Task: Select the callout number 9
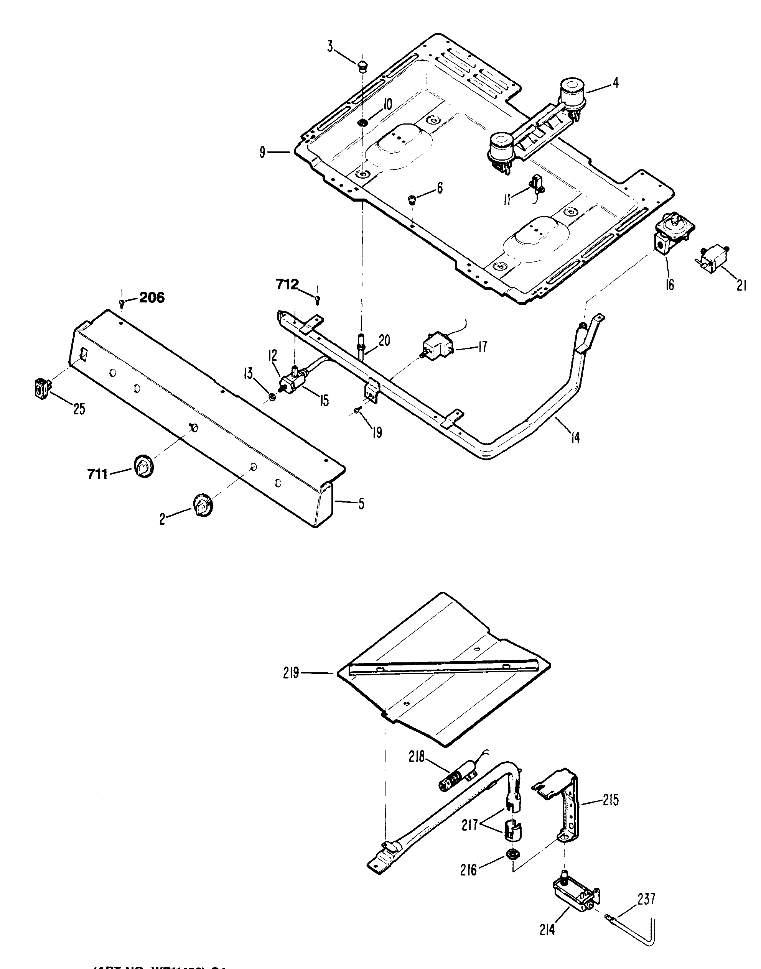[262, 153]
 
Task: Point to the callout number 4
[615, 83]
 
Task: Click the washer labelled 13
[272, 396]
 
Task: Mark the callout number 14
[575, 438]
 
